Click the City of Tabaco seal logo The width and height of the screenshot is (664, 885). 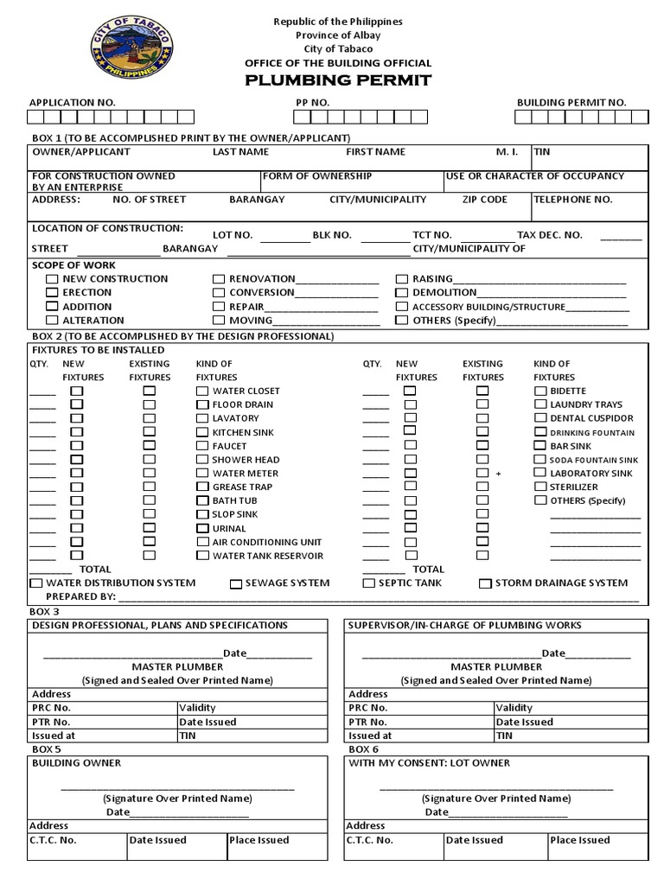click(131, 48)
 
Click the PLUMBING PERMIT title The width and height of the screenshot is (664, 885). click(338, 80)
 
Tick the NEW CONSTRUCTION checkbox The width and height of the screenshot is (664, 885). click(52, 279)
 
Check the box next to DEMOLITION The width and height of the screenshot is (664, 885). click(401, 293)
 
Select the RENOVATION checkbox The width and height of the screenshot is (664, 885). click(219, 279)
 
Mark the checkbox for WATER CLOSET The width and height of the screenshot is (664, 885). click(202, 392)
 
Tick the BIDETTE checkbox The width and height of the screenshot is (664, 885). click(539, 392)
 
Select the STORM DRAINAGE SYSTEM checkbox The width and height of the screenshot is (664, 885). click(485, 583)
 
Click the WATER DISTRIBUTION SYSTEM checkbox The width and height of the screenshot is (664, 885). click(35, 583)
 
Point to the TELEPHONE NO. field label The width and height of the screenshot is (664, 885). click(572, 199)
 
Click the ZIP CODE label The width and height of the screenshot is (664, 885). click(484, 199)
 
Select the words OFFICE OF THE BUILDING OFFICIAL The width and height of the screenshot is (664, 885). click(338, 63)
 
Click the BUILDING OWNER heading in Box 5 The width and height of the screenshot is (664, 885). click(77, 763)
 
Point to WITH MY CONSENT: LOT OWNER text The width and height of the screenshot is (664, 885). click(429, 763)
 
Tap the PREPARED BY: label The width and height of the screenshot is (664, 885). click(80, 596)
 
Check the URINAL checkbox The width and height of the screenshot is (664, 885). click(202, 528)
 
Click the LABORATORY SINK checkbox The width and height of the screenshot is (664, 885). click(539, 474)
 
